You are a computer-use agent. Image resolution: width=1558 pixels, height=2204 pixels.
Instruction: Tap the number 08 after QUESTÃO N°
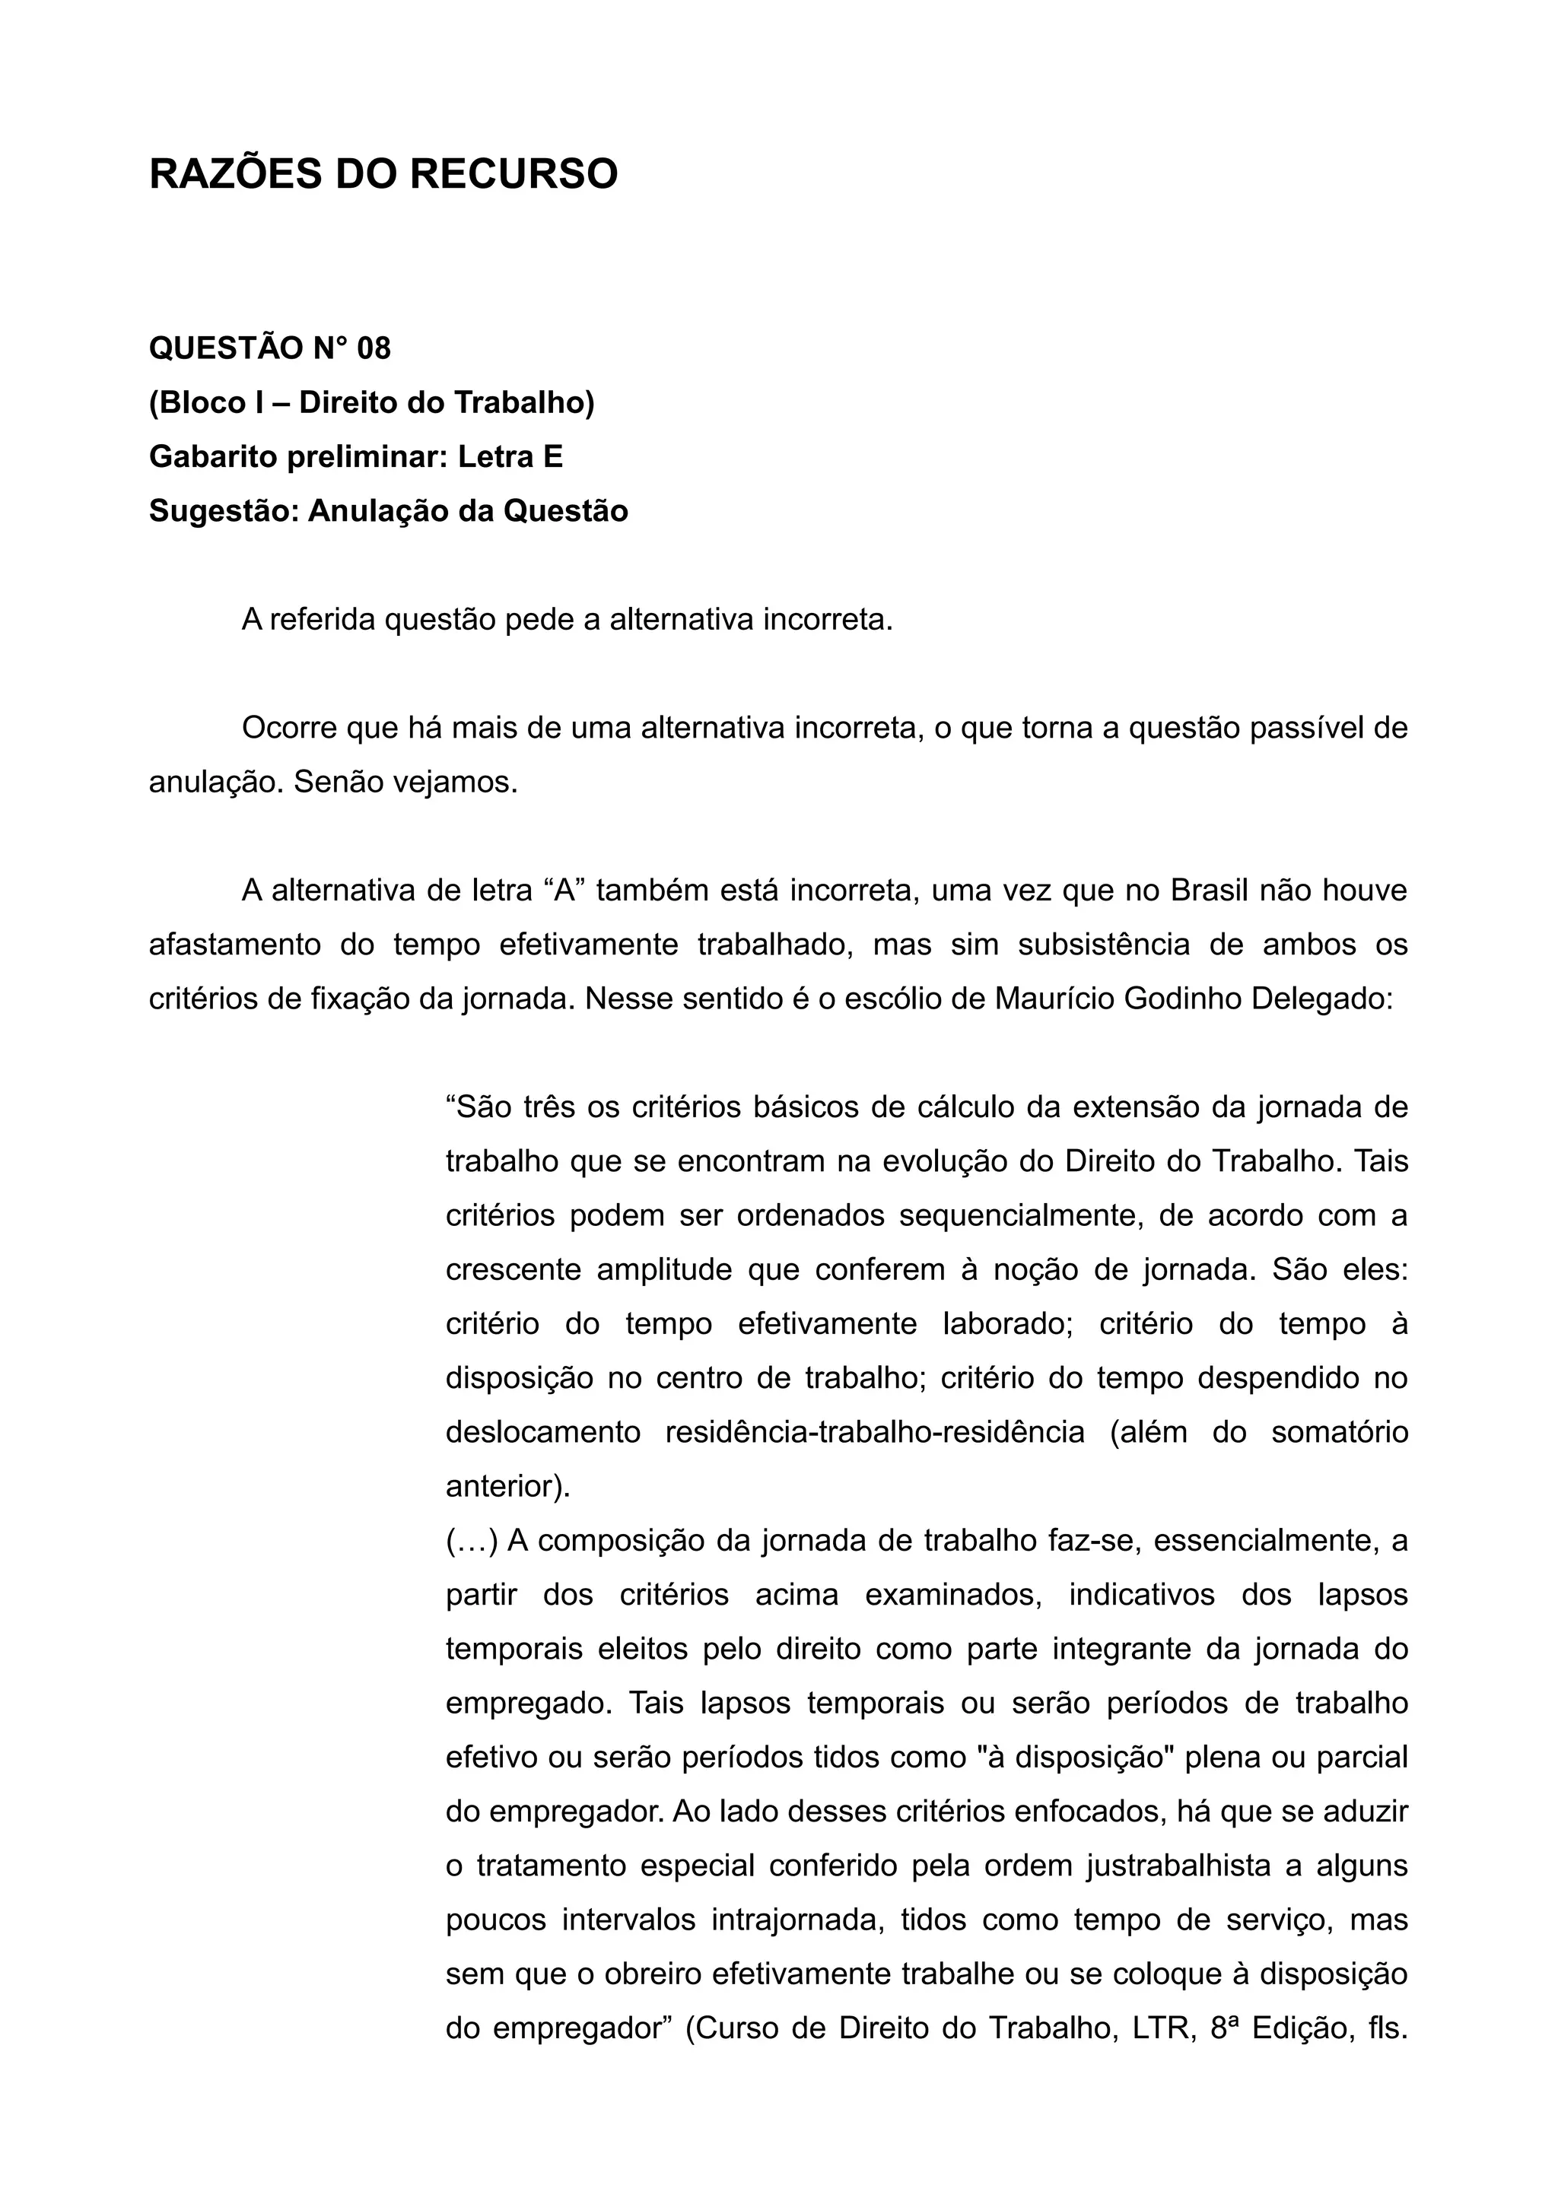[374, 348]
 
